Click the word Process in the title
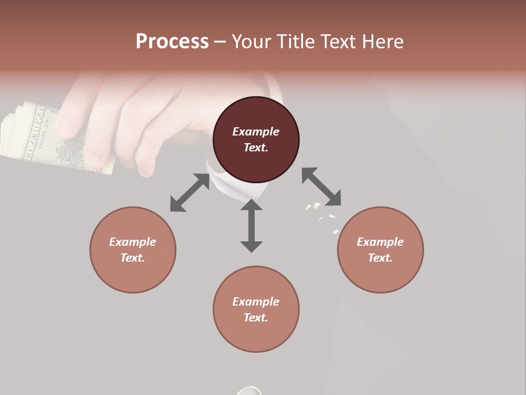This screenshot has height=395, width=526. (x=172, y=42)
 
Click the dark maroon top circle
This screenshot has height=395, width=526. (x=256, y=139)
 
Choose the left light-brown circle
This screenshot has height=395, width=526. (x=133, y=250)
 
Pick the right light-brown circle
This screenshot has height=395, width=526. (x=380, y=250)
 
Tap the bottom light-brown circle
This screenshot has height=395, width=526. (x=256, y=309)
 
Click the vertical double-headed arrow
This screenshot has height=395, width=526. (x=251, y=225)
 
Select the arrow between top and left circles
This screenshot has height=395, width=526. (x=190, y=193)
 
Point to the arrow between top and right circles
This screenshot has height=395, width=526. (x=321, y=187)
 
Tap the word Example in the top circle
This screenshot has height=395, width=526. (x=256, y=132)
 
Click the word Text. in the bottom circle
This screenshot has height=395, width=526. (x=256, y=318)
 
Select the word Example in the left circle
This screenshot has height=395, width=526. (x=133, y=242)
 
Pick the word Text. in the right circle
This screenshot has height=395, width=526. (x=380, y=258)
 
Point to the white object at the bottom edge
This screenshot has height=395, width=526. (x=249, y=391)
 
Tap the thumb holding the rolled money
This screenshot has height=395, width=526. (x=70, y=118)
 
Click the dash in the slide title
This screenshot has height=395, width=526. (x=220, y=42)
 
